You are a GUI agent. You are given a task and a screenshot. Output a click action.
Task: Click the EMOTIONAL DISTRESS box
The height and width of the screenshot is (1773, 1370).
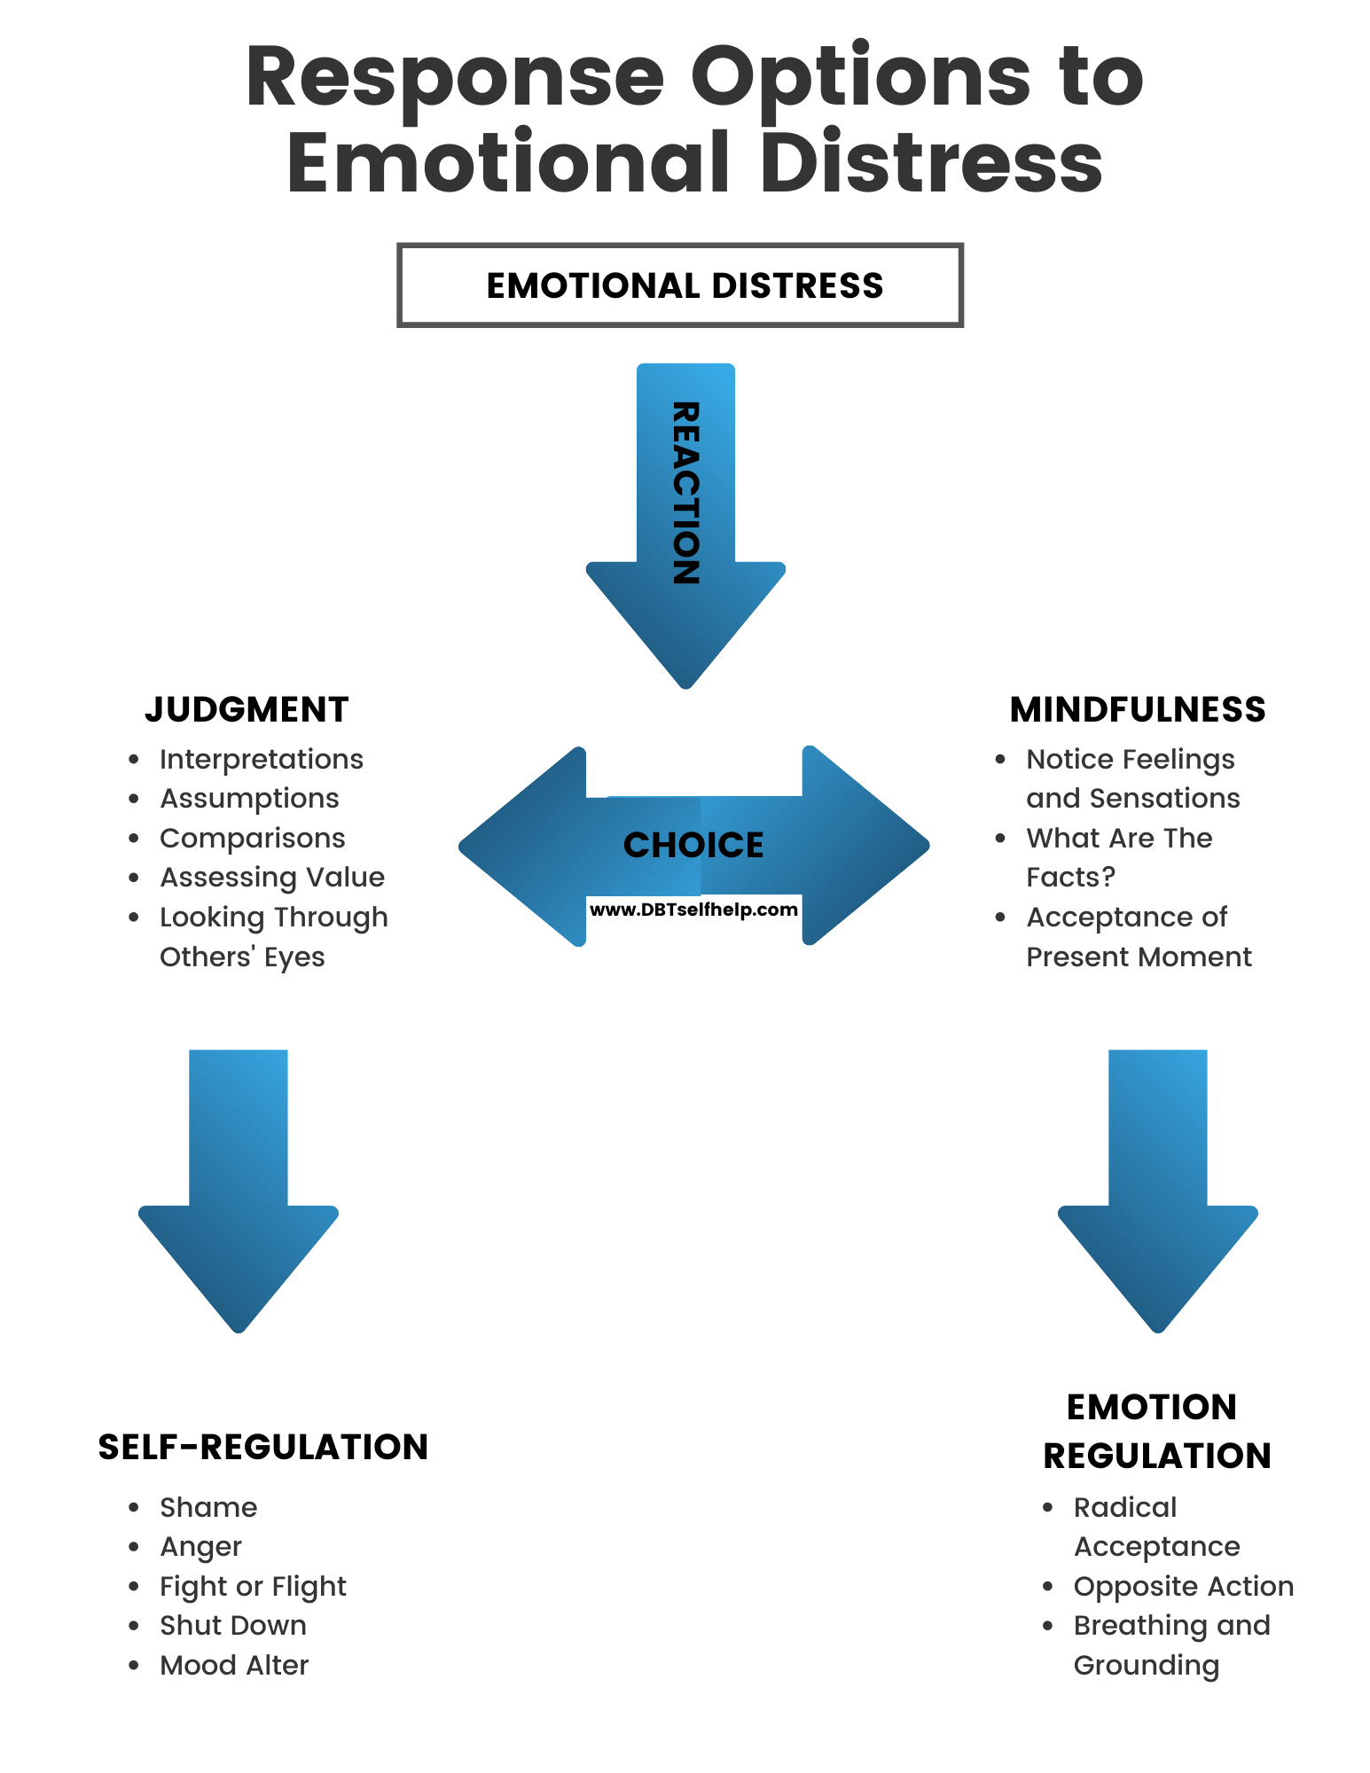(680, 285)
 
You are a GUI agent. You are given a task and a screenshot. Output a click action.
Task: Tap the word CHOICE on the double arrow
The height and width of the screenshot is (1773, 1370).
(693, 845)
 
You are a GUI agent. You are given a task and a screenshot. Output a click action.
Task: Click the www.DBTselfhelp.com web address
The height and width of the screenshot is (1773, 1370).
(693, 910)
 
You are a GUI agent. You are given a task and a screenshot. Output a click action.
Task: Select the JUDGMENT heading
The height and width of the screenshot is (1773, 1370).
(247, 709)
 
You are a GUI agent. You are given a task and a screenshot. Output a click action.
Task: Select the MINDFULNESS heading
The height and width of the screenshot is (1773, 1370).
(1138, 709)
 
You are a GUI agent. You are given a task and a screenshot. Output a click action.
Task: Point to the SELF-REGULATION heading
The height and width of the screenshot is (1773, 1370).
(262, 1447)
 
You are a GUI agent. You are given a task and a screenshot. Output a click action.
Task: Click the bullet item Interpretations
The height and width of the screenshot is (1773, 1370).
(262, 759)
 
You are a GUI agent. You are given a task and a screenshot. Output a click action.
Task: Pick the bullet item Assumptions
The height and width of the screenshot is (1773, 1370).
(249, 798)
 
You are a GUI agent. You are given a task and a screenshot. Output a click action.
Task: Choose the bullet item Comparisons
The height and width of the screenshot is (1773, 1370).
(253, 838)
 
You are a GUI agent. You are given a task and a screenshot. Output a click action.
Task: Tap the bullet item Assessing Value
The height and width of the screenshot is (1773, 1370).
(272, 877)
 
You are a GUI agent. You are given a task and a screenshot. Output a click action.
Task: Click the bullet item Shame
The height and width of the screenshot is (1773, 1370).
(208, 1507)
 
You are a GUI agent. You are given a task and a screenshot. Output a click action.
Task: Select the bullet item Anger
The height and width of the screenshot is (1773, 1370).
(201, 1546)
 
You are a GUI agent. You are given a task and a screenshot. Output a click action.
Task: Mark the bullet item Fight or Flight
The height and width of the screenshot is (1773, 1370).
(253, 1586)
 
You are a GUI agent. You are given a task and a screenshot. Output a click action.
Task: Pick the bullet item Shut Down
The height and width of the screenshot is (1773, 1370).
(233, 1625)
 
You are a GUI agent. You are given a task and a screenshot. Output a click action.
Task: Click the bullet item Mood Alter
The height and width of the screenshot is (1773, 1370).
(234, 1665)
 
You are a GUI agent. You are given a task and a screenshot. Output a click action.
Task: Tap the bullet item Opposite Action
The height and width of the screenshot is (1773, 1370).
(1184, 1586)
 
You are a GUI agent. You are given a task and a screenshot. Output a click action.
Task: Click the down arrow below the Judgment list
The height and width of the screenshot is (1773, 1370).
(239, 1188)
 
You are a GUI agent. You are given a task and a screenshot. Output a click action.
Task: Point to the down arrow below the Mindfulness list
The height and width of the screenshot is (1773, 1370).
(1157, 1188)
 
